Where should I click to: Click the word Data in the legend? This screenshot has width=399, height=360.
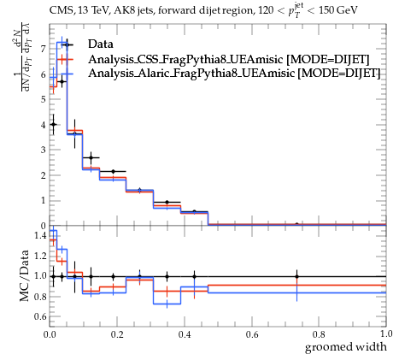(101, 44)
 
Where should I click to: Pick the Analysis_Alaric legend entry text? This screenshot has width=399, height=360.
(234, 73)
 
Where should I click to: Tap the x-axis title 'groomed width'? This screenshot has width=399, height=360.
(346, 347)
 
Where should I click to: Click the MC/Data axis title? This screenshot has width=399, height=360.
(24, 275)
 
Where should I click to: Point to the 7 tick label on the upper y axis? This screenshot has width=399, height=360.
(43, 49)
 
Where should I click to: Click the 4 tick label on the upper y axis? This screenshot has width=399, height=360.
(43, 125)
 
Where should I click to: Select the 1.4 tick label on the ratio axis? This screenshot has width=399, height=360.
(39, 235)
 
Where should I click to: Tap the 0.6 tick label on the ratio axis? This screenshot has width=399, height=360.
(39, 316)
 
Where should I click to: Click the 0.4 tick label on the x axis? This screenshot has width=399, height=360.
(185, 333)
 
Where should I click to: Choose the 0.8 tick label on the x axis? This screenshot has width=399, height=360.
(319, 333)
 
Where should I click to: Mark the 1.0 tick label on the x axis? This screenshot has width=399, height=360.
(386, 333)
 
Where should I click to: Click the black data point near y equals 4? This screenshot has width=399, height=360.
(53, 124)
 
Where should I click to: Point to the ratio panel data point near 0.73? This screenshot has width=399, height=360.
(297, 276)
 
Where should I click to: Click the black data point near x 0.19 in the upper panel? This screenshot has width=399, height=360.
(113, 171)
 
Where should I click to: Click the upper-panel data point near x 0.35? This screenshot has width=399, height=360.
(167, 202)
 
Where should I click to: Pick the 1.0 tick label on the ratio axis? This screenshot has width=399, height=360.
(39, 276)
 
